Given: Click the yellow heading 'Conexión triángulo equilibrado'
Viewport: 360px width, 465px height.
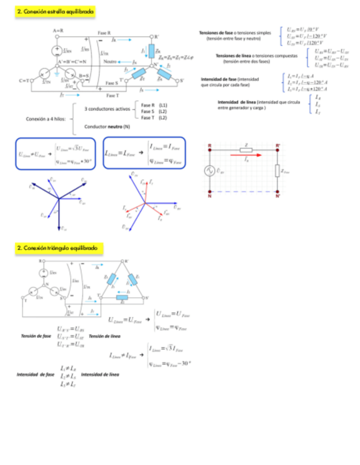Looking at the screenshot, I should coord(59,248).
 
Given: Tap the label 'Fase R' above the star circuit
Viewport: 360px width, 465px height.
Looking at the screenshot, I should coord(105,33).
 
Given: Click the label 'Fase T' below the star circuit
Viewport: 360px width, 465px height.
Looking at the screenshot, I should coord(113,95).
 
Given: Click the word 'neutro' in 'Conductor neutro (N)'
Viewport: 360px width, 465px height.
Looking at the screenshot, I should coord(115,127).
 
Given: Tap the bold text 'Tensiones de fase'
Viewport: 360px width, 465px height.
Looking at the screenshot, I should coord(217,33).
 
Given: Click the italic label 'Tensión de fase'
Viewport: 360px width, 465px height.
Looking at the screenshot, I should coord(36,336).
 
